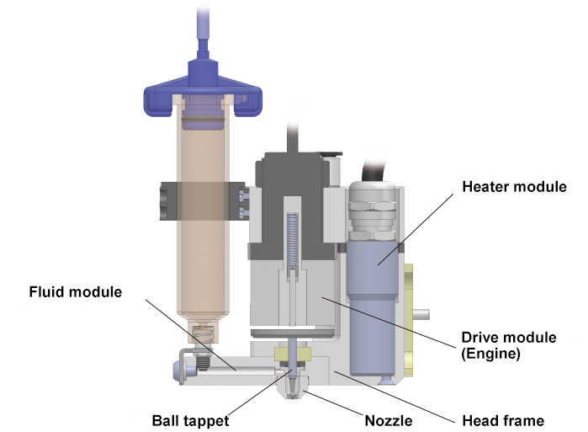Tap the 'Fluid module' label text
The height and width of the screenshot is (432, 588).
[x=76, y=292]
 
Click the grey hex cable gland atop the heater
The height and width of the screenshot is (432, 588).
[x=372, y=203]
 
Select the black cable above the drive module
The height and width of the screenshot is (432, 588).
[x=294, y=135]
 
